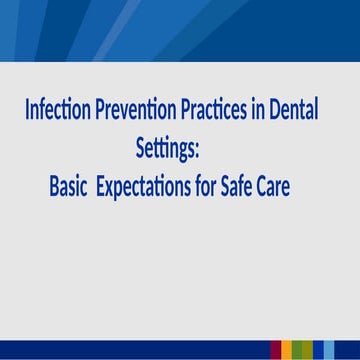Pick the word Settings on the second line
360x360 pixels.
[165, 149]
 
